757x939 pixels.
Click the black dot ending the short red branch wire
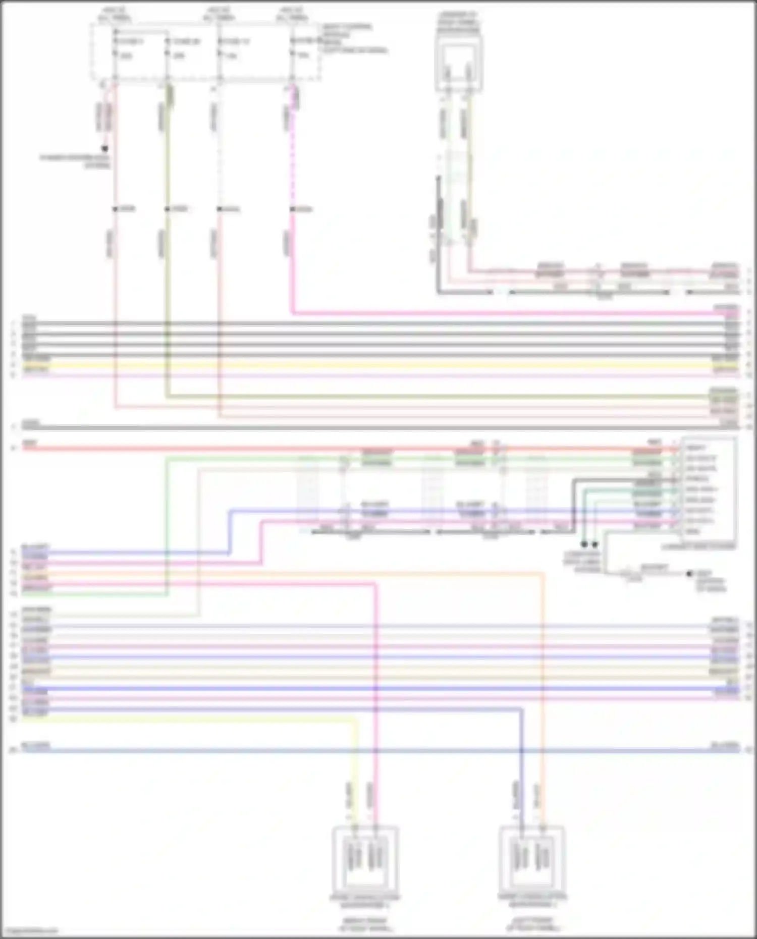pos(105,148)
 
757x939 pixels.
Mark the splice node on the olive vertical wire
pos(167,209)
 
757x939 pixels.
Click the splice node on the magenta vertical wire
pos(292,209)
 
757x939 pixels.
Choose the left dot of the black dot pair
pos(584,544)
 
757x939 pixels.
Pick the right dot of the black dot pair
pos(595,544)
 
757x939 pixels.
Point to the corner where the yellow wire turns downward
pos(358,721)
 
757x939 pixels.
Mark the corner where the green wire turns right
pos(167,459)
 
